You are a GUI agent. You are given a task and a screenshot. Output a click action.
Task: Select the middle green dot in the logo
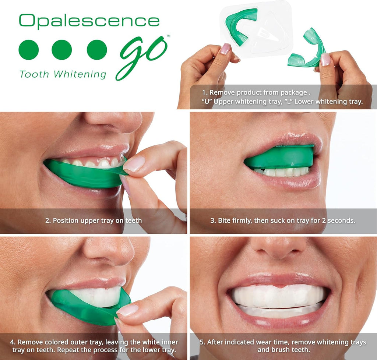61,50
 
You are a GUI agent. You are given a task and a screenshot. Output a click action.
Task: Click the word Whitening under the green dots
80,74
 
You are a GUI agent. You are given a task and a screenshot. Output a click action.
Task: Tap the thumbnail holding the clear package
225,49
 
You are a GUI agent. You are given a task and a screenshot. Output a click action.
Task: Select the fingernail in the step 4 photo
127,310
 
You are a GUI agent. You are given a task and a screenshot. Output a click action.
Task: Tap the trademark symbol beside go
168,36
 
